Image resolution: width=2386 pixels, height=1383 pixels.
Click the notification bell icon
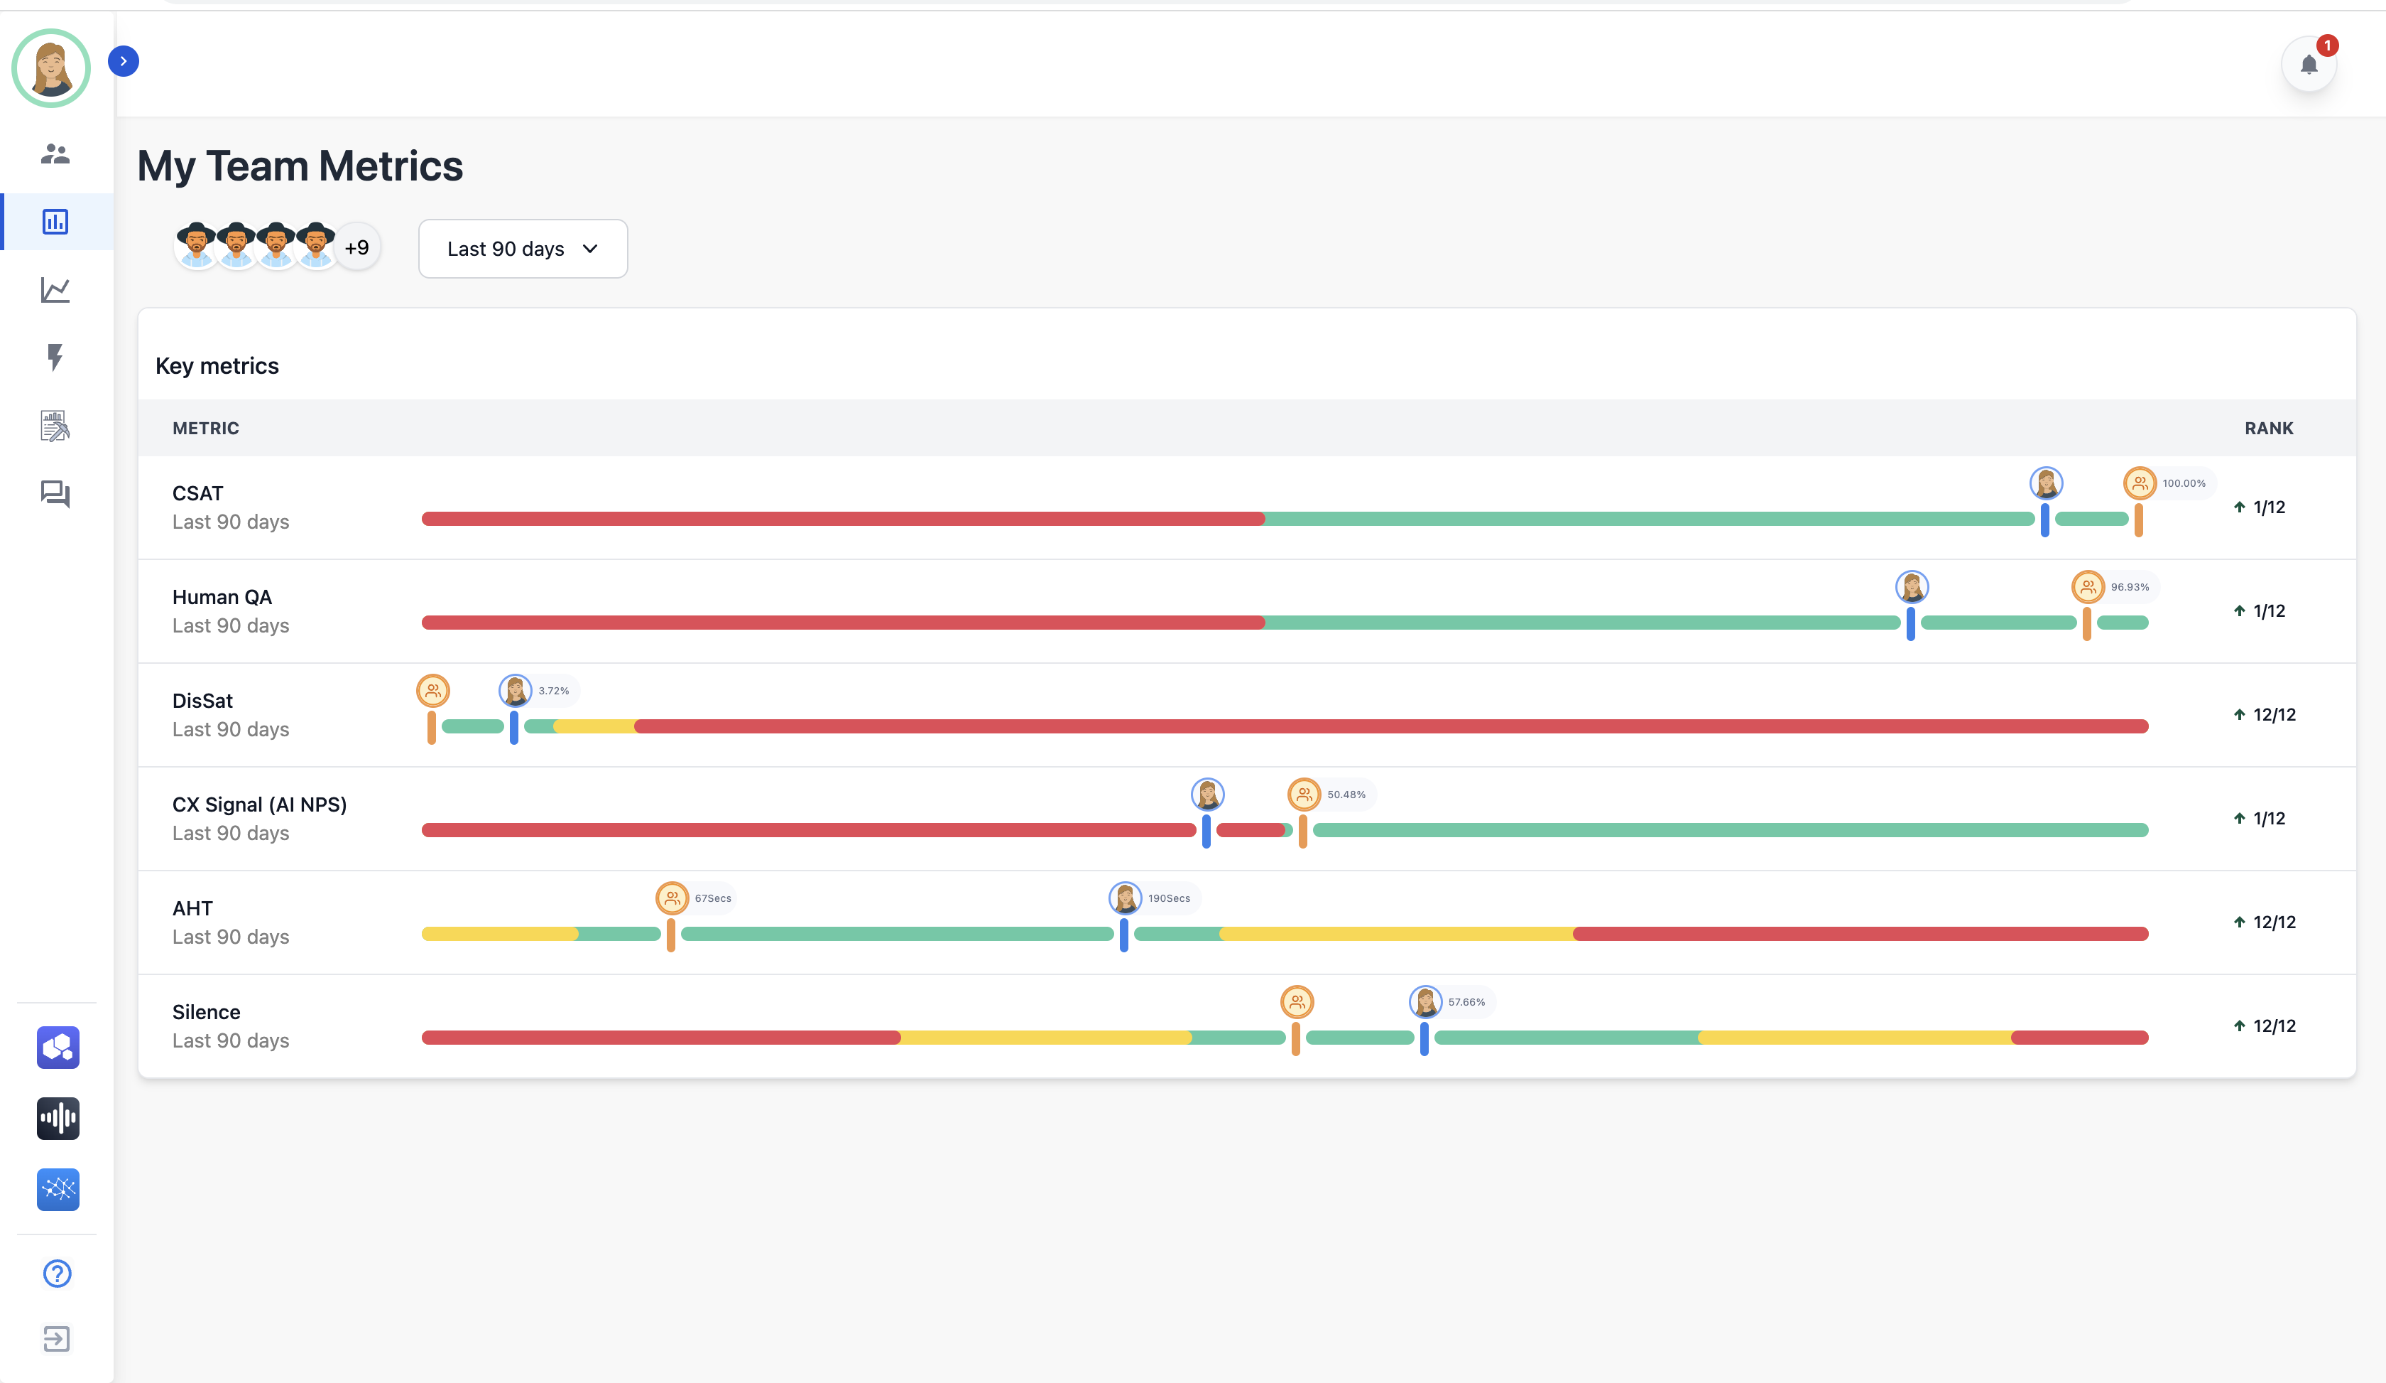click(x=2309, y=65)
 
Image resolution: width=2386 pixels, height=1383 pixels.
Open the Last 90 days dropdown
click(x=523, y=248)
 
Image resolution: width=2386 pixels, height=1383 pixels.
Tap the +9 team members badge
click(x=357, y=247)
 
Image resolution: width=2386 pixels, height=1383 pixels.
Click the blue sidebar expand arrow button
click(x=123, y=62)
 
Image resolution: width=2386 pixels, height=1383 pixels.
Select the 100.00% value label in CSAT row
click(x=2184, y=483)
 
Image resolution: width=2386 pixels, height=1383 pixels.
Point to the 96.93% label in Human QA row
click(x=2130, y=587)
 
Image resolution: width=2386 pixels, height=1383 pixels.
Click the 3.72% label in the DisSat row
click(x=554, y=691)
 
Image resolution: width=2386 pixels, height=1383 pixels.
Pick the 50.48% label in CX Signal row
click(x=1346, y=795)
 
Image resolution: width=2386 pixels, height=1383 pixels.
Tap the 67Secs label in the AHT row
click(x=713, y=898)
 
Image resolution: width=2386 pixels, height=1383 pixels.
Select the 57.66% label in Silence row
click(x=1466, y=1002)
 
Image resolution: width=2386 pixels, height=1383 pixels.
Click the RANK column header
click(x=2269, y=428)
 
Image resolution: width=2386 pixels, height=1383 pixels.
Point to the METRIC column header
click(x=205, y=428)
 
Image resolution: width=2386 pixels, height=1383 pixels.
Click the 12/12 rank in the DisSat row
click(x=2275, y=714)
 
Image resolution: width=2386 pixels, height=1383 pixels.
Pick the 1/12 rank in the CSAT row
click(x=2269, y=507)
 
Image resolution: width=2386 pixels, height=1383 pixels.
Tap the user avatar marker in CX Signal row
click(x=1207, y=795)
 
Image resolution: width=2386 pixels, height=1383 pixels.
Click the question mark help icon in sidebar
click(x=57, y=1273)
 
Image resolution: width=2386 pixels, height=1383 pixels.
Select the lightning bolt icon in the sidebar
click(x=55, y=357)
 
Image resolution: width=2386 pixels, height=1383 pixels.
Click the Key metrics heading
click(x=217, y=365)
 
